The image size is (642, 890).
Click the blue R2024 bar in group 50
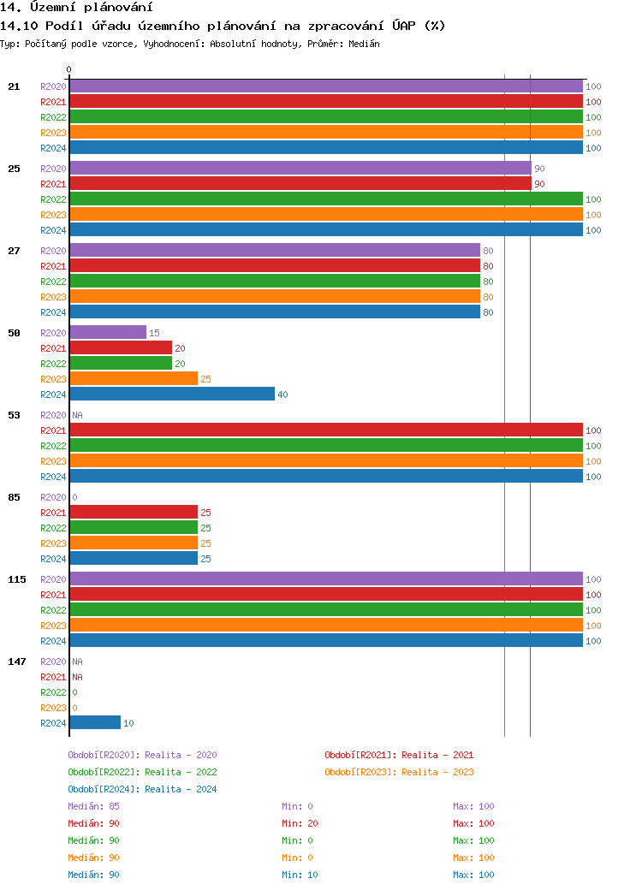171,394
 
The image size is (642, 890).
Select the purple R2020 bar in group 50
108,332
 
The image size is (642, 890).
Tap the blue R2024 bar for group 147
95,722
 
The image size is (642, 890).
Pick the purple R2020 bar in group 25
300,168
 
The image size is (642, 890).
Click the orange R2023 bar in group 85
134,543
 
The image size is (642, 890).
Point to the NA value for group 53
77,415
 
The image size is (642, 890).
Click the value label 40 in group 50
282,395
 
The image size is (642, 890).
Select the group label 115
17,579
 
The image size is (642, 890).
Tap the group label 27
14,251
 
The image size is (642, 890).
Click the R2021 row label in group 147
53,677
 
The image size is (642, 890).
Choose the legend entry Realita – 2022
142,772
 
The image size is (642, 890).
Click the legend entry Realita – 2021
399,755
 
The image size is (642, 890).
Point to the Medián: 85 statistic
93,806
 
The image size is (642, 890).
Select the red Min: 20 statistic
300,823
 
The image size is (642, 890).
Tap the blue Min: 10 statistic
300,875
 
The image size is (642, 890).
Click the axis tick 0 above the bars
69,69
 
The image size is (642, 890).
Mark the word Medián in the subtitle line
364,44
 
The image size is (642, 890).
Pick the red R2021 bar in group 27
274,265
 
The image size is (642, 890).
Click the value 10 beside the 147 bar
128,723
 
